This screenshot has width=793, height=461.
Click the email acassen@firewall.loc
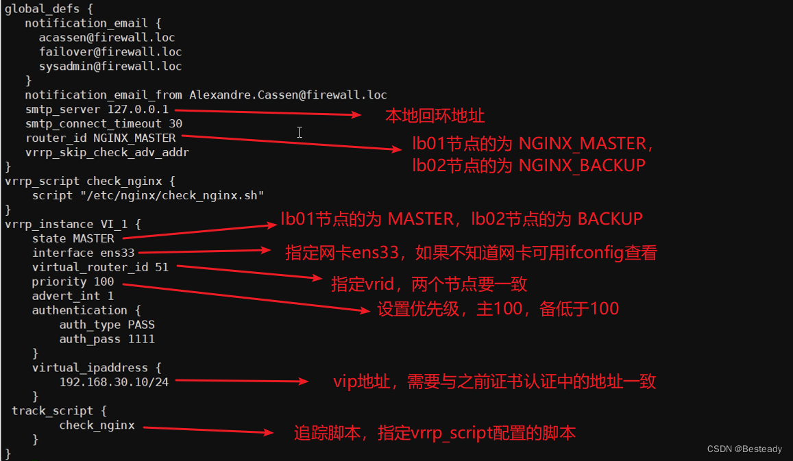pos(107,38)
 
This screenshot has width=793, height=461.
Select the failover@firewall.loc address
pos(110,52)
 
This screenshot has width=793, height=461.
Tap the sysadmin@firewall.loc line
pos(110,66)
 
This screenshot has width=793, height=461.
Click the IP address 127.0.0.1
pos(138,110)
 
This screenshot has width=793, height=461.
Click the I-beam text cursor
pos(300,132)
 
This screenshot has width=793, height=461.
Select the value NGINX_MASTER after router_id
pos(134,138)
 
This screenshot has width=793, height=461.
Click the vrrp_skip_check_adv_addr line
pos(107,152)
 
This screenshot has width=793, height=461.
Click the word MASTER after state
pos(93,238)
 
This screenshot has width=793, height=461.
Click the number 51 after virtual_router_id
pos(162,267)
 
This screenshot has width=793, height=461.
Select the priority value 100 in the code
pos(103,282)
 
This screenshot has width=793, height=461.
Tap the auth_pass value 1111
pos(141,339)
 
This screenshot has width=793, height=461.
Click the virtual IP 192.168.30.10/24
pos(114,382)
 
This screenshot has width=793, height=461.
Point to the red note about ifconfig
pos(471,253)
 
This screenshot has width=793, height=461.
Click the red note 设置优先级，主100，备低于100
pos(498,309)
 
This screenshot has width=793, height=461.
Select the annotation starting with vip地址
pos(494,382)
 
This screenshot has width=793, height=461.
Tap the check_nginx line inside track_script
pos(97,425)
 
